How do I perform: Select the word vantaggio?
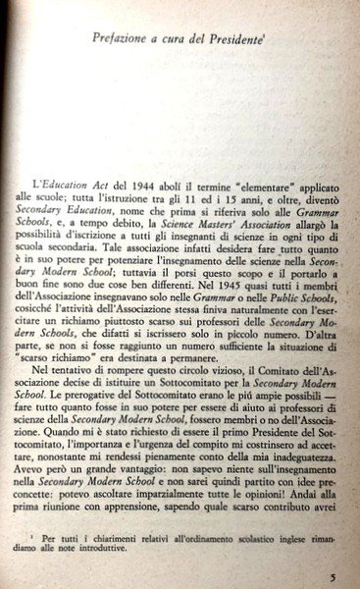point(130,500)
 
